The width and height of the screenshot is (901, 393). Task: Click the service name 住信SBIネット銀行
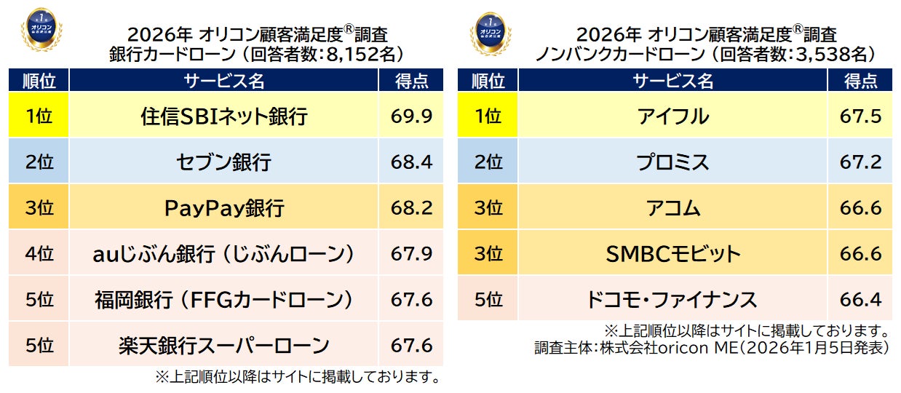click(x=224, y=116)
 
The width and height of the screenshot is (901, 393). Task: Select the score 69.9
click(x=411, y=116)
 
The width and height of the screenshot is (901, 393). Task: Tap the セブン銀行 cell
click(x=224, y=162)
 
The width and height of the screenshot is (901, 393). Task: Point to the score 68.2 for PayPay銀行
click(x=411, y=208)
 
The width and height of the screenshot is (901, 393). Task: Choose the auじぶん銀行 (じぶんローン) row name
click(x=224, y=254)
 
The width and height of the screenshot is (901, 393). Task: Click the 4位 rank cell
click(x=39, y=254)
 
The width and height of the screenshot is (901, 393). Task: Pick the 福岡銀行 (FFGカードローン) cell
click(x=224, y=299)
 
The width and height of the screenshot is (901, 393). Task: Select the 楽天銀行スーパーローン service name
click(x=224, y=345)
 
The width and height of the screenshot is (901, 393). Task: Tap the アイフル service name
click(x=672, y=116)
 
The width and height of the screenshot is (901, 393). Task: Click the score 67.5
click(x=860, y=116)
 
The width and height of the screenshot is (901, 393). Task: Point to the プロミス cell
click(x=672, y=162)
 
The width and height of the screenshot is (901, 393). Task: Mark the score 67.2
click(x=860, y=162)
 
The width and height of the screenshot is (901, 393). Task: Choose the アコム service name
click(x=672, y=208)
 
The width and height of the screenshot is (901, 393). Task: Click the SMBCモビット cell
click(x=672, y=254)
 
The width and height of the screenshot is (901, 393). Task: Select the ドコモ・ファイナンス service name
click(x=672, y=299)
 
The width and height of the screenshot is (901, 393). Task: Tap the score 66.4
click(x=860, y=299)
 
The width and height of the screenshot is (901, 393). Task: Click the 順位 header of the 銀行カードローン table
click(x=39, y=80)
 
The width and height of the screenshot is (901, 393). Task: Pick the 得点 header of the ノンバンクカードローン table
click(x=860, y=80)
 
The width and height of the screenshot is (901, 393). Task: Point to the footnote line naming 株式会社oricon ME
click(x=712, y=348)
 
